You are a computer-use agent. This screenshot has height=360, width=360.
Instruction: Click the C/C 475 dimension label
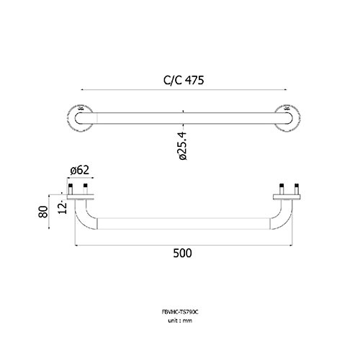184,80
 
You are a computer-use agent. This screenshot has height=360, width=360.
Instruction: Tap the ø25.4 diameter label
182,145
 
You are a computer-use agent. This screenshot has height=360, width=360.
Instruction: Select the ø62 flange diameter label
80,170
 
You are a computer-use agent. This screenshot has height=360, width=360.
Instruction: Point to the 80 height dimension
43,212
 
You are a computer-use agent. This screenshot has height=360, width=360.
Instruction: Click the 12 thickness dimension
62,208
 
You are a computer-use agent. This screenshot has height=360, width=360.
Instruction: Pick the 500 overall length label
182,253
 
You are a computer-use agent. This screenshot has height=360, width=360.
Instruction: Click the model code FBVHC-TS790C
180,312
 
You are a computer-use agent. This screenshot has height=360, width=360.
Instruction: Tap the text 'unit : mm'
180,320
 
